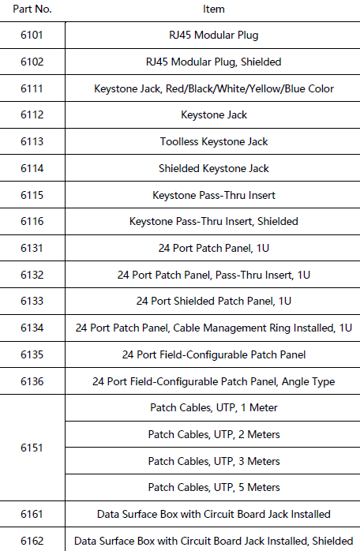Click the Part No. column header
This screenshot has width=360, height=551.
tap(32, 9)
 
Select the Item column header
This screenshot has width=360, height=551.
tap(214, 9)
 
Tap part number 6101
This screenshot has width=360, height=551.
tap(32, 36)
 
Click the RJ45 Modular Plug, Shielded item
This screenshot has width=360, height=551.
tap(214, 62)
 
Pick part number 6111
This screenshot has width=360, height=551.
tap(32, 88)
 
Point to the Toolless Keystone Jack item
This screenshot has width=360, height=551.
tap(214, 141)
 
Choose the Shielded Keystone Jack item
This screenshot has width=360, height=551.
tap(214, 168)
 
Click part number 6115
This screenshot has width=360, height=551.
tap(32, 195)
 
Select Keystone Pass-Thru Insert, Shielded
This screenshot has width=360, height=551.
tap(214, 221)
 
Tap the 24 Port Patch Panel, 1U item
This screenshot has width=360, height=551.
tap(214, 248)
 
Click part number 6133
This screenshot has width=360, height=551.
tap(32, 301)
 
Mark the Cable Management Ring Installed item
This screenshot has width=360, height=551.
tap(214, 328)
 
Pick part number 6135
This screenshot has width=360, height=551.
tap(32, 354)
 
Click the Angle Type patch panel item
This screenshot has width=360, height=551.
tap(214, 381)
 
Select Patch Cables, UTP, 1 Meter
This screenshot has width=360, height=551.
tap(214, 407)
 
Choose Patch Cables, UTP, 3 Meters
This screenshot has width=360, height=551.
tap(214, 461)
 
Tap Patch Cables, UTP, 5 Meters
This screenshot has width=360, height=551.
tap(214, 487)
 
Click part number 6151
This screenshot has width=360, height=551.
tap(32, 448)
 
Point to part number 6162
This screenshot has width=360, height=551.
tap(32, 541)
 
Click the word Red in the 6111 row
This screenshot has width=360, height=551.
tap(174, 88)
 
